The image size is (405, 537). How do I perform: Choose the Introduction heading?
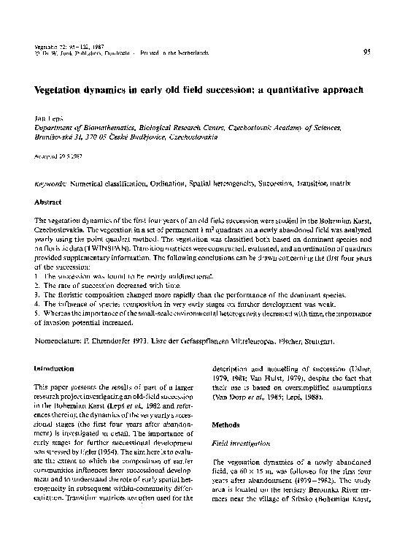tap(55, 370)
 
